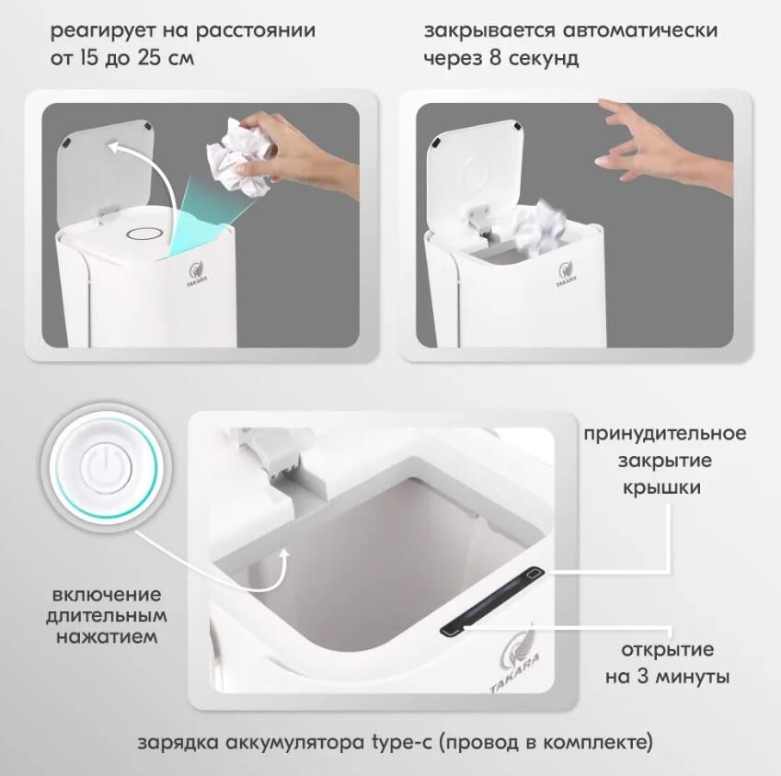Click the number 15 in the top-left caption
89,58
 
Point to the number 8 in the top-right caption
495,58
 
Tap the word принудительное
665,434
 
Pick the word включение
107,595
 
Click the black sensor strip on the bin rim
491,600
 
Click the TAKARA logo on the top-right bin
567,274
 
